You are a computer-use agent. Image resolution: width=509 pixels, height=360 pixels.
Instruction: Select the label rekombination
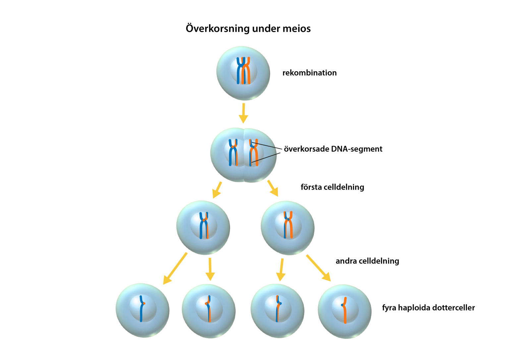pos(309,73)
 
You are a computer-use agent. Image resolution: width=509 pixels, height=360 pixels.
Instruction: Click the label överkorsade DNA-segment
pos(333,149)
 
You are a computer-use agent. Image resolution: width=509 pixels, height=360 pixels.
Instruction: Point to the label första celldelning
pos(332,187)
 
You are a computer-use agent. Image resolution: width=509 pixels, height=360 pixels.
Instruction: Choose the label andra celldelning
pos(367,261)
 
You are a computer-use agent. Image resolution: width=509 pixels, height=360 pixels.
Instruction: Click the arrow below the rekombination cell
pos(244,113)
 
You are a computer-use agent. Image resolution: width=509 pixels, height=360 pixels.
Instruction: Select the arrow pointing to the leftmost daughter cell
pos(175,269)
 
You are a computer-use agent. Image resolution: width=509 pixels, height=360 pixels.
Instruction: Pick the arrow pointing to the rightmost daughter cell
pos(318,268)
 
